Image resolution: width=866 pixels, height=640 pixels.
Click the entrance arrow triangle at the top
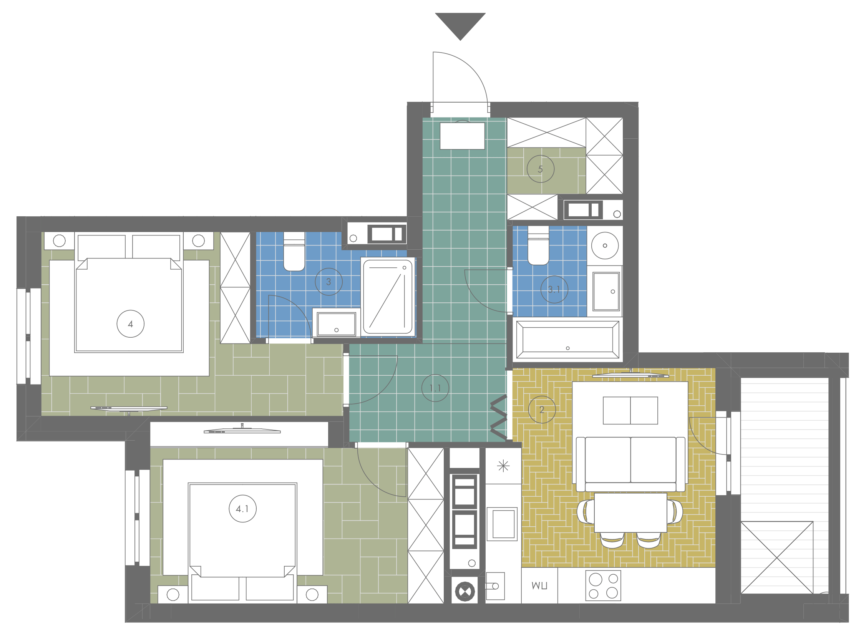[460, 24]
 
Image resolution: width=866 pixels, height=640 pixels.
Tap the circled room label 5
[540, 169]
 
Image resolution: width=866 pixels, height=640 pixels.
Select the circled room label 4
[131, 324]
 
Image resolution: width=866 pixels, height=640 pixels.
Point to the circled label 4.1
[242, 509]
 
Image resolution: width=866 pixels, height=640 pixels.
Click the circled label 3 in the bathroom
[328, 282]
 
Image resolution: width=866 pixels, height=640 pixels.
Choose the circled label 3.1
[554, 289]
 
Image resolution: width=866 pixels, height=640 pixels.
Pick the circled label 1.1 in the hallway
[435, 388]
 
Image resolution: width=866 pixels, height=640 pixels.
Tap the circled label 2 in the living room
[542, 410]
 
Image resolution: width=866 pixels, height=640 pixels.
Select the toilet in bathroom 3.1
[538, 245]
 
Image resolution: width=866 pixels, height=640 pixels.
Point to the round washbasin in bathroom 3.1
[604, 245]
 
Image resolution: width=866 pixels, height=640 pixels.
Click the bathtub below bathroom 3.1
[567, 340]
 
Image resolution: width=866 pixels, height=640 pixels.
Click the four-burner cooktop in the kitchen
[603, 585]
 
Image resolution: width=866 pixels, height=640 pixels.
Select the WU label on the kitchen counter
[539, 585]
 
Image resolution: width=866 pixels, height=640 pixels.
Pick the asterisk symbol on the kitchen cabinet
[503, 466]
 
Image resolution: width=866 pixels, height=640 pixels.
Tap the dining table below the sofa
[630, 512]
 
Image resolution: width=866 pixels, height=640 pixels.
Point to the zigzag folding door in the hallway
[499, 418]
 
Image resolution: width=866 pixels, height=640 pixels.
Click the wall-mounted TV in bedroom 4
[129, 408]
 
